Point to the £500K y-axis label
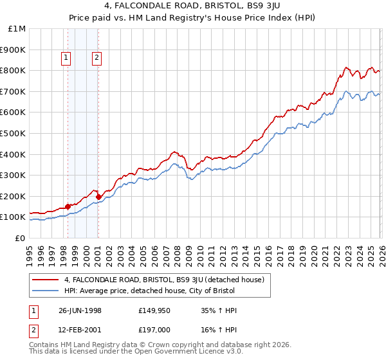(x=13, y=134)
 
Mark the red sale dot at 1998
(x=68, y=206)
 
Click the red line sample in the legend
(x=45, y=280)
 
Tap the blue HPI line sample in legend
(x=45, y=291)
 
